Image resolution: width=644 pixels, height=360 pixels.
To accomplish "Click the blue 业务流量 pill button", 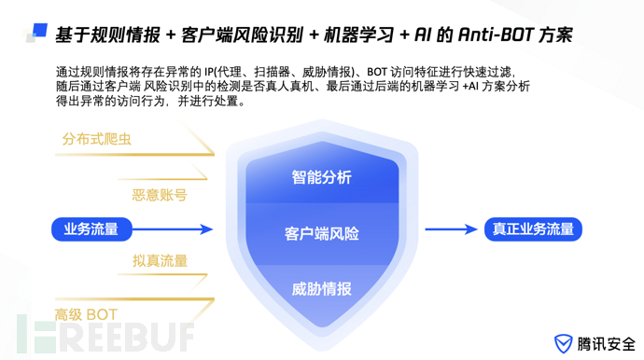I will [x=91, y=228].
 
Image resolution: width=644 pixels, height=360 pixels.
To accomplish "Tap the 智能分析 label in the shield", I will [x=321, y=177].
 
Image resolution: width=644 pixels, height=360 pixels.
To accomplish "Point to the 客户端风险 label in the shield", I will [x=321, y=233].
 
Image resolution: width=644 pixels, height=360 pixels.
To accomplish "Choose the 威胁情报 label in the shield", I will [x=321, y=288].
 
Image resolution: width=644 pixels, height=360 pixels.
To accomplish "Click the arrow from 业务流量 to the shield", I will [x=178, y=228].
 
